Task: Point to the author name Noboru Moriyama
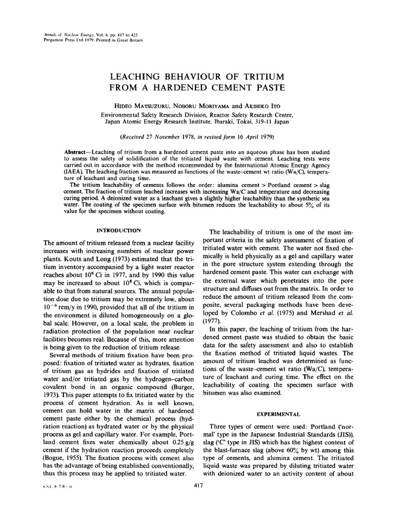point(202,105)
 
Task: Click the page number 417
point(198,485)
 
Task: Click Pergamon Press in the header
point(59,40)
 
